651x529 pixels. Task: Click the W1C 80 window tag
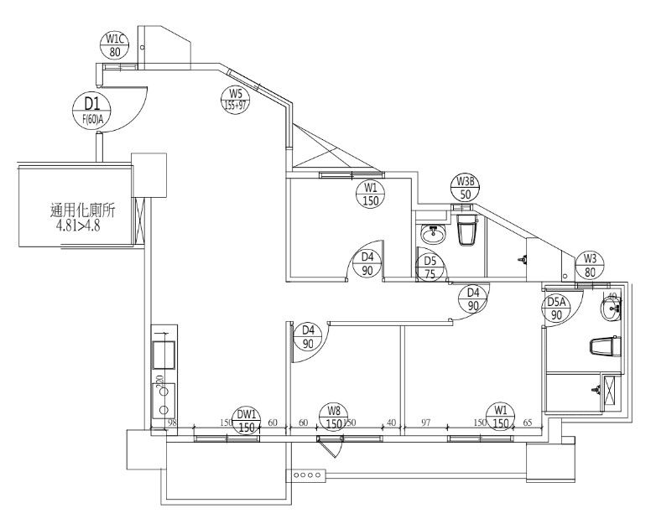[115, 44]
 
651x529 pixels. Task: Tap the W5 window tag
[235, 100]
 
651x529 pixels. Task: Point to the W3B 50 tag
[466, 188]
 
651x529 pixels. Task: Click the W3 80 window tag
[591, 265]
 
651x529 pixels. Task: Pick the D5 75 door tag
[430, 266]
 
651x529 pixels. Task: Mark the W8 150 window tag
[334, 417]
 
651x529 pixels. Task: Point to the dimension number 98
[171, 423]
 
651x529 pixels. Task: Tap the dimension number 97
[426, 423]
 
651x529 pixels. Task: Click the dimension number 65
[528, 423]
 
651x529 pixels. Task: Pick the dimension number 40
[391, 423]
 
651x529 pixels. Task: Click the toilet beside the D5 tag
[468, 231]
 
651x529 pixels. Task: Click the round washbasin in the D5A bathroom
[612, 310]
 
